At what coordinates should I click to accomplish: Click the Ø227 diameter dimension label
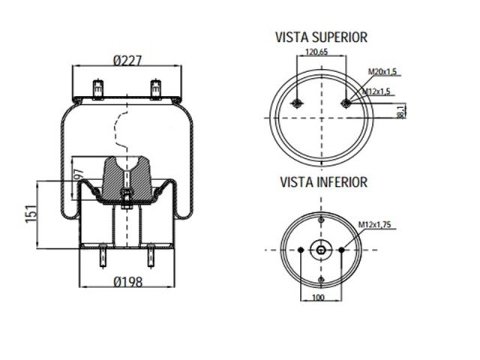point(127,60)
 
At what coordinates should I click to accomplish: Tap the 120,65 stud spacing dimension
point(317,52)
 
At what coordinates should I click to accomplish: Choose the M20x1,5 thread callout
point(382,71)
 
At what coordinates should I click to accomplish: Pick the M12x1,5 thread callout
point(378,91)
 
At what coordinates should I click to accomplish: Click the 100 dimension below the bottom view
point(320,298)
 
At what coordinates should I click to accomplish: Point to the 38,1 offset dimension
point(401,111)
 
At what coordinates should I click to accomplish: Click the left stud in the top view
point(297,103)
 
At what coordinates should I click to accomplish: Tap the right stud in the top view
point(345,103)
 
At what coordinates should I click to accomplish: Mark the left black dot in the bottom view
point(301,250)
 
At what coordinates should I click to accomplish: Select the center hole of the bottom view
point(321,250)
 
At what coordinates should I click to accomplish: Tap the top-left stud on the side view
point(97,88)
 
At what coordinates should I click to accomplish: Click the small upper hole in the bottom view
point(321,220)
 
